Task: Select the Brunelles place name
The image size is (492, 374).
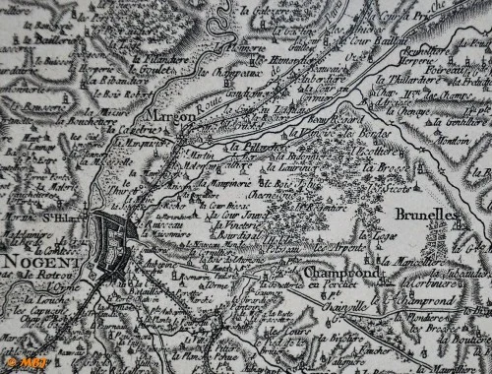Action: pos(424,213)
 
